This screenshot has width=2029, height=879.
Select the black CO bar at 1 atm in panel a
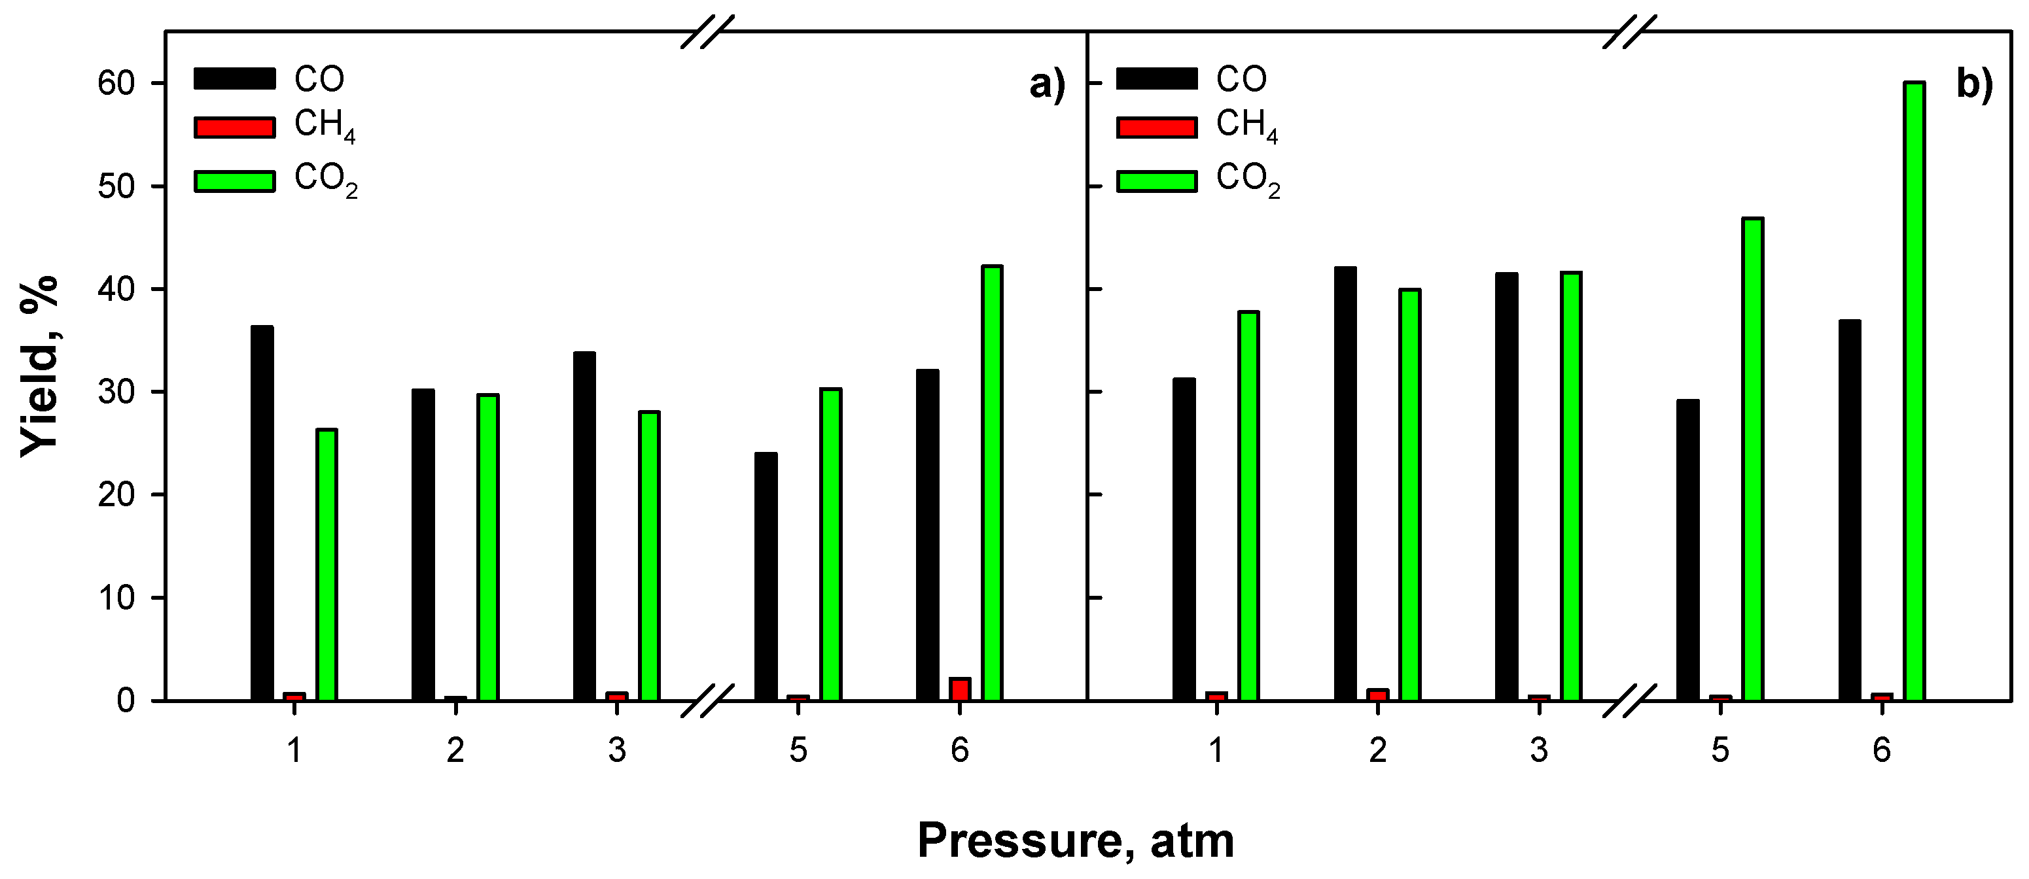262,513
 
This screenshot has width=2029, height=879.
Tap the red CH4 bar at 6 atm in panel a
959,689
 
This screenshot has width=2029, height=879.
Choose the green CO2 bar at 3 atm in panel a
649,555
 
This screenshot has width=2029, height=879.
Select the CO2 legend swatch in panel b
1156,181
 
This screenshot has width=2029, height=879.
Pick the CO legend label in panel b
1241,78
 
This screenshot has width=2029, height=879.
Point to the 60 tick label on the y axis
116,84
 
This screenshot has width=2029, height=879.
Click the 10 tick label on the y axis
116,598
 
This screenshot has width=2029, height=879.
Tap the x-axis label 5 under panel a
798,751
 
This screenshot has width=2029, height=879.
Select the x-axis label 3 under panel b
1538,751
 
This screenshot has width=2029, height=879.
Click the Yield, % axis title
39,366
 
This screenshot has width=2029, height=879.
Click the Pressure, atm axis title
1075,841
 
